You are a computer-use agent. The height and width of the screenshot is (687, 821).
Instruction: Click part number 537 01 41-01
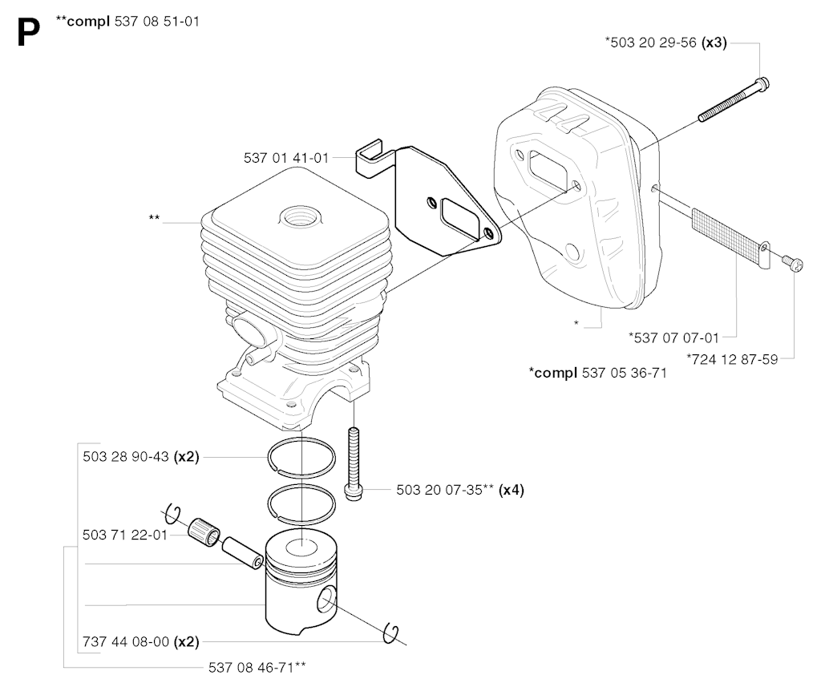(286, 158)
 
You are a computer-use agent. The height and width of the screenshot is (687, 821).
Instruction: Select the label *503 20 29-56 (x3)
(665, 42)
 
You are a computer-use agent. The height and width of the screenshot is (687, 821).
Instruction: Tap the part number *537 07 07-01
(673, 337)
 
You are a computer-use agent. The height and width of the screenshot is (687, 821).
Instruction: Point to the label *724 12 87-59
(732, 359)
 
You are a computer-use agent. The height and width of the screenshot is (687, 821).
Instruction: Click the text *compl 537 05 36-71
(597, 373)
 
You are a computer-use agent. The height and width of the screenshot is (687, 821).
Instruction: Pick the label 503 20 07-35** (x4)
(459, 490)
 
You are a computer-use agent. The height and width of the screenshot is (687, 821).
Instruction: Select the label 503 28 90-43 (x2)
(141, 457)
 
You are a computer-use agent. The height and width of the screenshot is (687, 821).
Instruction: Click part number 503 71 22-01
(124, 535)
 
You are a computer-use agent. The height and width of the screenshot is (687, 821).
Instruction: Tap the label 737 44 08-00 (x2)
(141, 641)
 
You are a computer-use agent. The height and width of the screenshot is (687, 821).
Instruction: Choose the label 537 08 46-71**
(257, 667)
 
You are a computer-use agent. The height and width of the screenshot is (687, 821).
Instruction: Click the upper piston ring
(301, 458)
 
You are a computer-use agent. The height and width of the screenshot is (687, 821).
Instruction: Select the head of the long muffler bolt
(762, 84)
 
